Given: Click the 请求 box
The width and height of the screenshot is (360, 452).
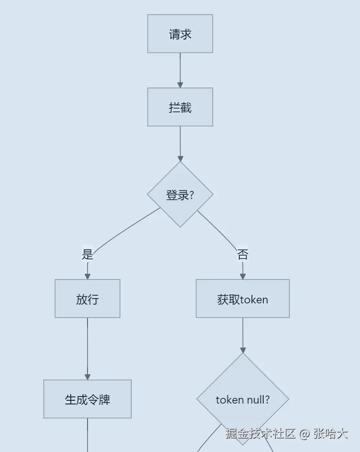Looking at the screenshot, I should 180,34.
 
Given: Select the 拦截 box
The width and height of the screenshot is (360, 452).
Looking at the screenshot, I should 180,107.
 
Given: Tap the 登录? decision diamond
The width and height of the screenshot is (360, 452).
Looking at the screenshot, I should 180,195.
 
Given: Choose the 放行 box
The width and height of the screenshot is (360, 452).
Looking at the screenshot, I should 87,299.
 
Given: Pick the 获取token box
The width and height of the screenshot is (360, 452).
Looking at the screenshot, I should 242,299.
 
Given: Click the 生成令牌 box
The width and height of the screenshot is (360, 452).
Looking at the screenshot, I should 87,399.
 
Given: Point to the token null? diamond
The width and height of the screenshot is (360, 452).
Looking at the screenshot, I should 242,399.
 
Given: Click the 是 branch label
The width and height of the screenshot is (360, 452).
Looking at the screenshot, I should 88,254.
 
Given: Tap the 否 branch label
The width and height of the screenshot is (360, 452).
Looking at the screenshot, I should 242,254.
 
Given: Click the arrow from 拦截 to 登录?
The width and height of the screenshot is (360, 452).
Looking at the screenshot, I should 180,143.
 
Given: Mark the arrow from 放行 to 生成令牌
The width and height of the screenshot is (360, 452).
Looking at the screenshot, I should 87,348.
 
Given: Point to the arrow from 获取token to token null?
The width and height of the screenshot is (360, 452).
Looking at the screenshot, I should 243,335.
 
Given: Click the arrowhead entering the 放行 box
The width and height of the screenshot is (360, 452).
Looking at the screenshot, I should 87,276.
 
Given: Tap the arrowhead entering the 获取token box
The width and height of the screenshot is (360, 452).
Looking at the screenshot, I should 243,276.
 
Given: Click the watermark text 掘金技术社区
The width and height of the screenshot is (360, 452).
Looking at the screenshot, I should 260,433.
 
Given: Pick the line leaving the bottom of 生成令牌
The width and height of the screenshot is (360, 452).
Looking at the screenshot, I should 88,435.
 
